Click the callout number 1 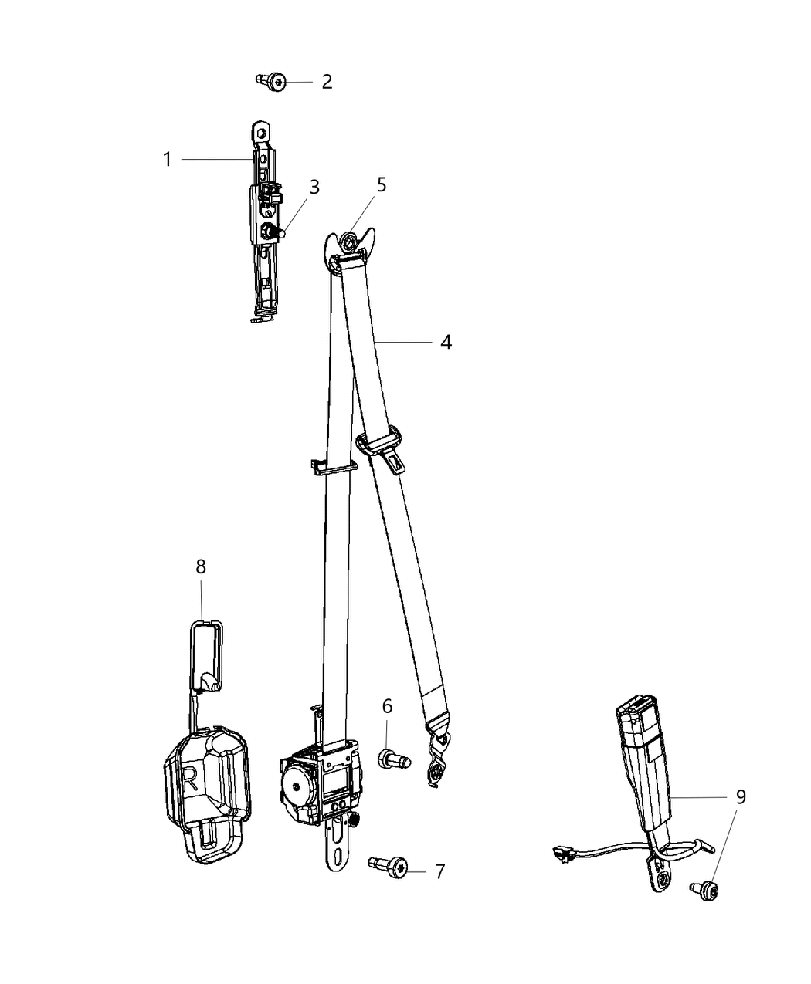(167, 160)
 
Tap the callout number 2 (327, 82)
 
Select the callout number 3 (314, 187)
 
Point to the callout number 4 (446, 342)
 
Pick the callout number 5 (382, 184)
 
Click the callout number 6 (387, 706)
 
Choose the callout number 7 (439, 872)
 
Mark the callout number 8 (201, 566)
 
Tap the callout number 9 (741, 797)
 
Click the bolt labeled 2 (272, 82)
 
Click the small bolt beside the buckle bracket (704, 891)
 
